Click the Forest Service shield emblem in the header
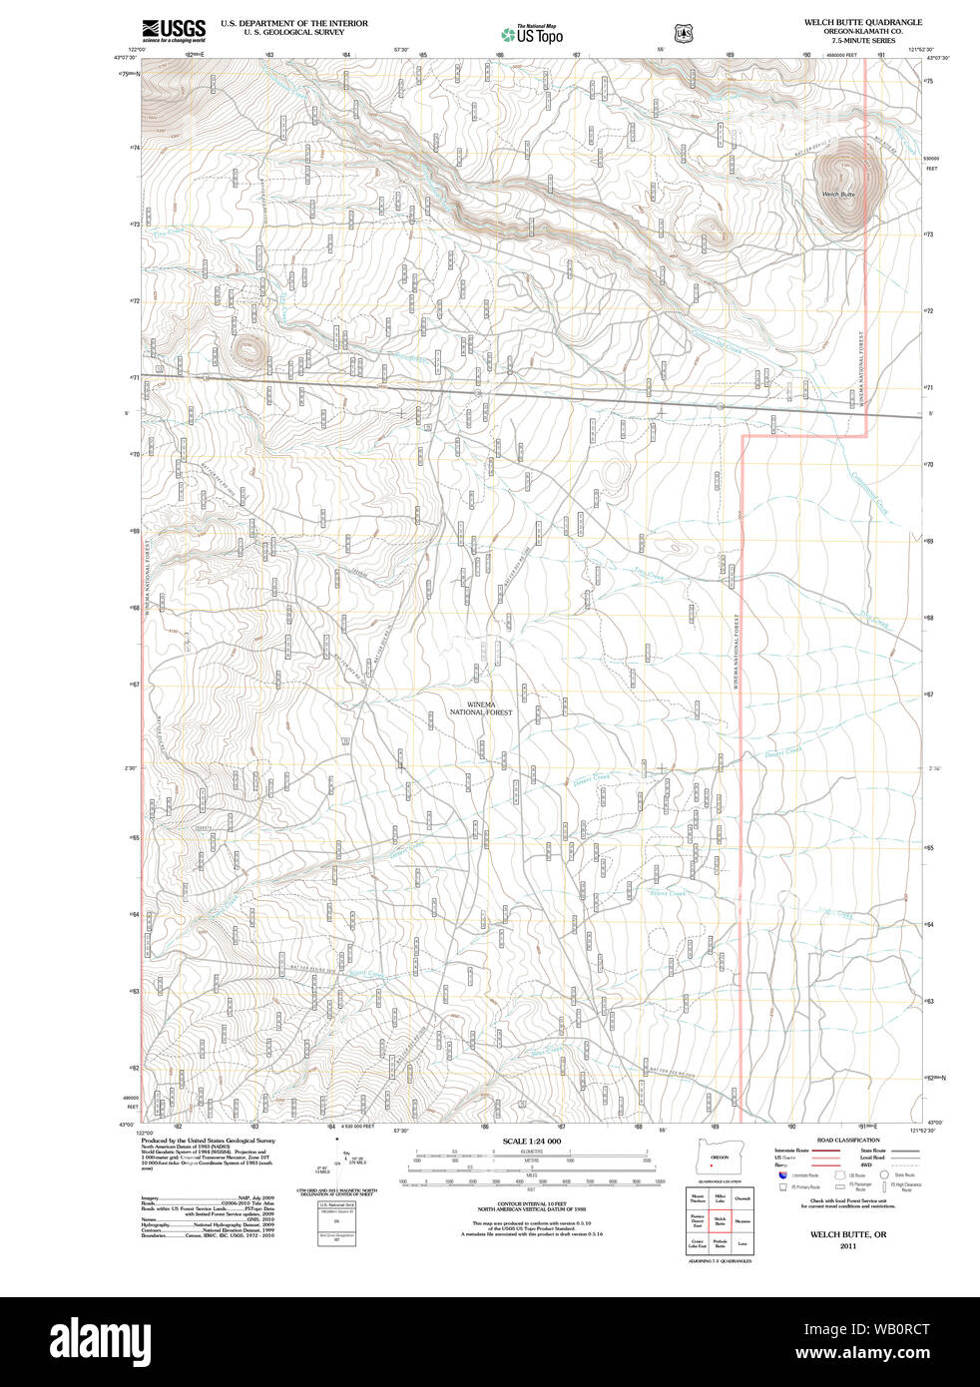(x=683, y=34)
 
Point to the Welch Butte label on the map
(x=838, y=194)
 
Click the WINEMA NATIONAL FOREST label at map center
(x=481, y=708)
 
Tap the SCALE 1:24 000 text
(x=531, y=1141)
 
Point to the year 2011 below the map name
(x=847, y=1245)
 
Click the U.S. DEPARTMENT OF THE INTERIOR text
(x=293, y=23)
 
